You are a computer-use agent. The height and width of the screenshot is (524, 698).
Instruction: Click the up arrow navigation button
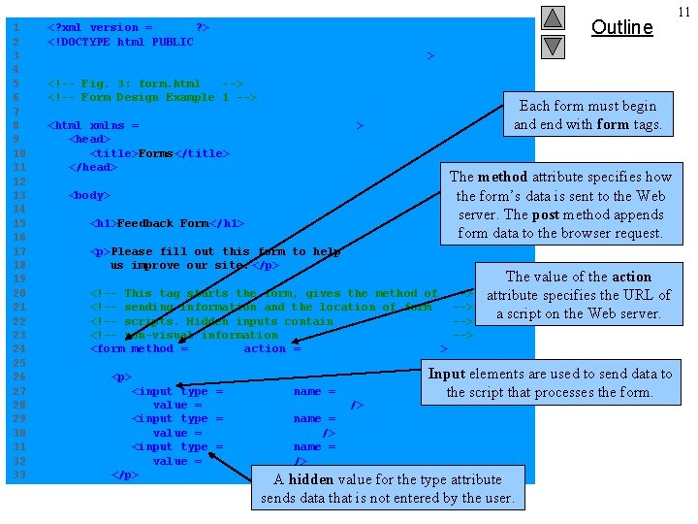553,17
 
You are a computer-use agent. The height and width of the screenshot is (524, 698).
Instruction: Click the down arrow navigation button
553,46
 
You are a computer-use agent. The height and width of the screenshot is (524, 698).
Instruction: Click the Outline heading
621,27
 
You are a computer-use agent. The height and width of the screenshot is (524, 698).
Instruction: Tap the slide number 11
683,12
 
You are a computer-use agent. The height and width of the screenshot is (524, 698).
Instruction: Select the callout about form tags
587,115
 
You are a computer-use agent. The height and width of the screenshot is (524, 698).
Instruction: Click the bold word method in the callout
502,177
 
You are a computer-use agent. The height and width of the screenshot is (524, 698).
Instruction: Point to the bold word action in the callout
631,277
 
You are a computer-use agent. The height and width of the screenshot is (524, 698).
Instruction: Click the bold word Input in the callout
447,374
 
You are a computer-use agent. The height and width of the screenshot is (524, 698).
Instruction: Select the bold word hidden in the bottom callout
311,479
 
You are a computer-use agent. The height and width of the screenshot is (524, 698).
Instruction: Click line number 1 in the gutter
16,27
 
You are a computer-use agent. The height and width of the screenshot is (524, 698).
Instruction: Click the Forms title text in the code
155,153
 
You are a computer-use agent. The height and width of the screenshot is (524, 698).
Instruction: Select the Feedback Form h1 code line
165,223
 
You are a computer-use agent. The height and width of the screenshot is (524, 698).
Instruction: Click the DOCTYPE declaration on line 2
120,42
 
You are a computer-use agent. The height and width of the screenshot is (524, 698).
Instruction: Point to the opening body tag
89,195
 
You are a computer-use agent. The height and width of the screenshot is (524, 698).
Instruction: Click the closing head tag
93,167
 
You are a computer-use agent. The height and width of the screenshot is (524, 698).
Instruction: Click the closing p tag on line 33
124,475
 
